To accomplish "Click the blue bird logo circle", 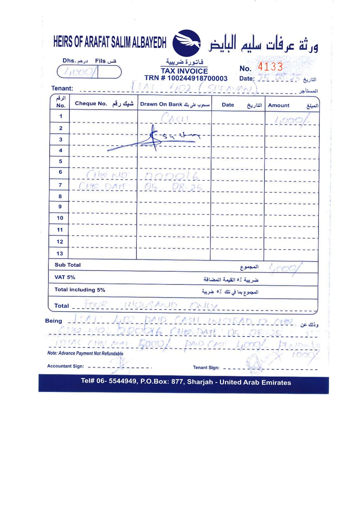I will [x=187, y=43].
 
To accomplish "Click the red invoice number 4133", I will [x=270, y=67].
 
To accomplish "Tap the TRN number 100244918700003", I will [x=197, y=78].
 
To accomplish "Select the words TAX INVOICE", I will [x=184, y=71].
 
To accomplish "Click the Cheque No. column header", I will [x=91, y=104].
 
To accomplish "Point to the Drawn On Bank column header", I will [x=161, y=104].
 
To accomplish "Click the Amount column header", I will [x=279, y=105].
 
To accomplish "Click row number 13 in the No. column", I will [x=60, y=254].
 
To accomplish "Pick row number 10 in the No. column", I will [x=60, y=218].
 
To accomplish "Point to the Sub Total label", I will [x=67, y=265].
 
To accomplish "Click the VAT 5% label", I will [x=65, y=277].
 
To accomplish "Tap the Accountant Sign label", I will [x=65, y=366].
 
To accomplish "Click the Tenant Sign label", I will [x=206, y=367].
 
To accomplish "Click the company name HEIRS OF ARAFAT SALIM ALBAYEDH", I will [x=110, y=42].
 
